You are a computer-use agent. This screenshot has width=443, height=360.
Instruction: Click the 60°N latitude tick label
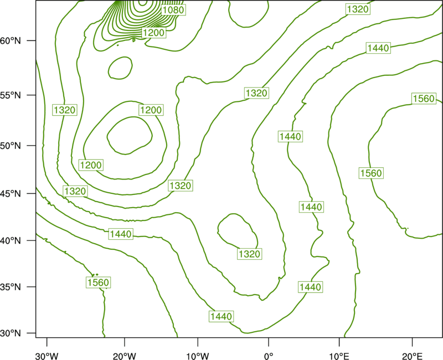click(11, 41)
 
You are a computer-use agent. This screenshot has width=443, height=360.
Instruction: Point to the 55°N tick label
click(11, 95)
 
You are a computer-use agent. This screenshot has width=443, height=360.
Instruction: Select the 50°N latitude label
click(11, 146)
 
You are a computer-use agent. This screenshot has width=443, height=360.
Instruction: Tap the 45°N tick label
click(11, 194)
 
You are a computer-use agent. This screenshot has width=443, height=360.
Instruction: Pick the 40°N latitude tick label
click(11, 241)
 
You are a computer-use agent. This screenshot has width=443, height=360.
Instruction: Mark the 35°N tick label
click(11, 287)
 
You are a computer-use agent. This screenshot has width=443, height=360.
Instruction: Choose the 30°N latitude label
click(11, 333)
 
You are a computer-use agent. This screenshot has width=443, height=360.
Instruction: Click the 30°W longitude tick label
click(47, 356)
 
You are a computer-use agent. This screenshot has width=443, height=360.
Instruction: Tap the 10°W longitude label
click(198, 356)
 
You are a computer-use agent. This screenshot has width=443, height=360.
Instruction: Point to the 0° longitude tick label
click(269, 356)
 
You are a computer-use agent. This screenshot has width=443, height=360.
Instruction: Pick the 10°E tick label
click(339, 356)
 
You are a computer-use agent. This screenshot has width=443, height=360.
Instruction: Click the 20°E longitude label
click(412, 356)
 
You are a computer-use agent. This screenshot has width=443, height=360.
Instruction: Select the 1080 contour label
click(173, 10)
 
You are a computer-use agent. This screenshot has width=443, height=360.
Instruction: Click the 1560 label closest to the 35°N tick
click(98, 282)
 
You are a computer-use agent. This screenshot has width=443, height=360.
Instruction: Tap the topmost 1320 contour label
click(358, 9)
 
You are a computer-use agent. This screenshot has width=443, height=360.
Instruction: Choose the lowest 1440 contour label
click(221, 316)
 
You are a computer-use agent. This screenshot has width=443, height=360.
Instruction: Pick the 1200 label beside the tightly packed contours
click(153, 33)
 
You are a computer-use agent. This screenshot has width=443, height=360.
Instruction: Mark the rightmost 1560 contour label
click(424, 99)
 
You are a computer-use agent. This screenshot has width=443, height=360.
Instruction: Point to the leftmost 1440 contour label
click(121, 234)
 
